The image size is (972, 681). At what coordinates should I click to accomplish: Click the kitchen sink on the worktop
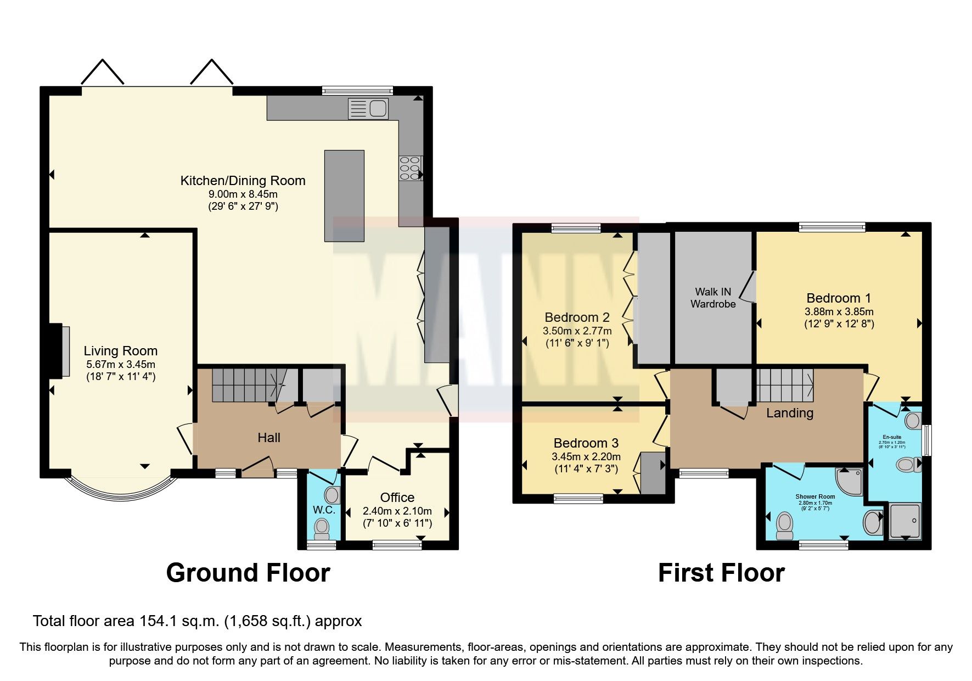tap(368, 109)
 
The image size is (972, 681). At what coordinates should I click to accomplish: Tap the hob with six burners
tap(410, 169)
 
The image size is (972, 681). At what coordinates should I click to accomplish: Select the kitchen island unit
tap(344, 196)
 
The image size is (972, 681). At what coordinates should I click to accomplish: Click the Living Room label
tap(120, 351)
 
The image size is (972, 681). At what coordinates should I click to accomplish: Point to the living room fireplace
tap(59, 351)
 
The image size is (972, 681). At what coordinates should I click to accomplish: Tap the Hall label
tap(269, 438)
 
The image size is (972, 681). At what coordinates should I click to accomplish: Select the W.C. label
tap(324, 510)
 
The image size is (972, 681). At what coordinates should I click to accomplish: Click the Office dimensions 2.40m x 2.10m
tap(397, 511)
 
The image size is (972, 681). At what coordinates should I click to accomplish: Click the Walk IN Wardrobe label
tap(713, 298)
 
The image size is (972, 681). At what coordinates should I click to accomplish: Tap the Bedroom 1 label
tap(838, 298)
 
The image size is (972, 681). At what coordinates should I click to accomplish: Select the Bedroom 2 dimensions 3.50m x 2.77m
tap(577, 331)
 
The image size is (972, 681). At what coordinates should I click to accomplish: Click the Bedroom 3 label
tap(586, 443)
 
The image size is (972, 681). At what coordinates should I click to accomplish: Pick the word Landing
tap(790, 413)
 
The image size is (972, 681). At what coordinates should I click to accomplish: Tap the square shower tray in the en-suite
tap(904, 521)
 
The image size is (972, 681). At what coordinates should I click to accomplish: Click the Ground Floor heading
tap(248, 573)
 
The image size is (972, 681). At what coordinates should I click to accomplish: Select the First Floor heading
tap(721, 573)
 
